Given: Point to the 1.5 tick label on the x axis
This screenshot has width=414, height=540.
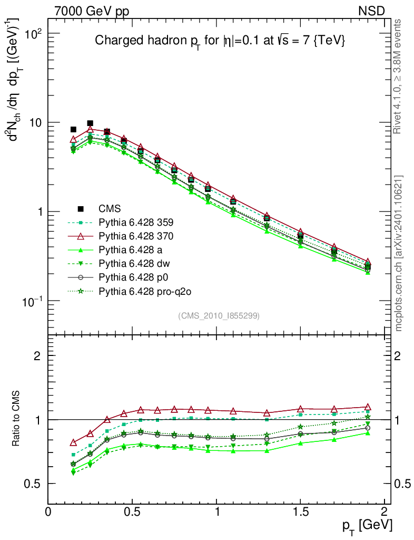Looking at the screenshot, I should tap(300, 512).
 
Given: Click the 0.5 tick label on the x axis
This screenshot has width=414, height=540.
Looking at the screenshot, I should tap(132, 512).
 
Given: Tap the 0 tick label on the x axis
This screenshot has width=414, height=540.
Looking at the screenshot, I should tap(48, 512).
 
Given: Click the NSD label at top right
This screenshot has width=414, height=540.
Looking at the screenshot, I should tap(371, 11).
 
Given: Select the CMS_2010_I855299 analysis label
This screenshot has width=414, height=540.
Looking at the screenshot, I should tap(219, 315).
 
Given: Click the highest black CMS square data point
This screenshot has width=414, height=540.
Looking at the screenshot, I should tap(90, 123).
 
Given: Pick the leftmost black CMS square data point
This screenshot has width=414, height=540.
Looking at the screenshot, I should tap(73, 129).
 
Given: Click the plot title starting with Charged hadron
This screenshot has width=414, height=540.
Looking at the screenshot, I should tap(219, 41).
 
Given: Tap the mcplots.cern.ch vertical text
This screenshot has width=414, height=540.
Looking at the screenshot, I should tap(399, 253).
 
